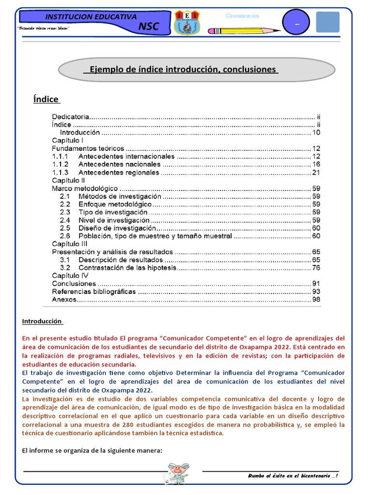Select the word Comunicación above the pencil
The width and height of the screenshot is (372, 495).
243,16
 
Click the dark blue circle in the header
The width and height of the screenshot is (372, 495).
296,23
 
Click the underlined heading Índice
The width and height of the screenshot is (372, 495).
46,99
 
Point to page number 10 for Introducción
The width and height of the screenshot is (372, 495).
316,132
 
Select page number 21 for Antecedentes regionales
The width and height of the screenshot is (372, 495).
316,173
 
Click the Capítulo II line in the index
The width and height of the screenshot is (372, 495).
68,180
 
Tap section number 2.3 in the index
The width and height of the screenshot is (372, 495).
65,212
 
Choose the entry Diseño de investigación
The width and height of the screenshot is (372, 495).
117,228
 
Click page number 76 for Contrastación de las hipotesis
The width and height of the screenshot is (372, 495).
316,267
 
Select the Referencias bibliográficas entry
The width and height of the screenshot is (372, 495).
94,291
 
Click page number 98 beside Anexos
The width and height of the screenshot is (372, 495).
316,300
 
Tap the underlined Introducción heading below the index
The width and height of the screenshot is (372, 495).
42,321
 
